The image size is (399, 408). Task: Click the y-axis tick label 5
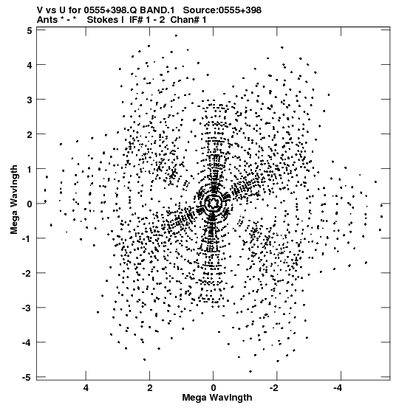click(30, 31)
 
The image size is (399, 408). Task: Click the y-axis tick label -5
click(27, 377)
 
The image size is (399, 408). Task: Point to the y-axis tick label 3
click(30, 100)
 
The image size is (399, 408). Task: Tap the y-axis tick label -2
click(27, 273)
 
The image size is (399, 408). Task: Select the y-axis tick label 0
click(30, 204)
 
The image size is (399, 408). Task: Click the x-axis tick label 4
click(86, 388)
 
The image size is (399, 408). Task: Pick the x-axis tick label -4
click(338, 388)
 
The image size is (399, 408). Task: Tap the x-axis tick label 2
click(149, 388)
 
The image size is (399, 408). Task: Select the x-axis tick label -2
click(275, 388)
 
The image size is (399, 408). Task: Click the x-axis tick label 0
click(214, 388)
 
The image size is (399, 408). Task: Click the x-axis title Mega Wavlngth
click(217, 398)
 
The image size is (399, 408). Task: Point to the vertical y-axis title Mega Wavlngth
click(14, 200)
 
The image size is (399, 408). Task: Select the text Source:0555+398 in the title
click(222, 10)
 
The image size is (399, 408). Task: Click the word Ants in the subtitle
click(47, 20)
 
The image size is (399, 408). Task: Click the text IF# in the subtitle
click(136, 20)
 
